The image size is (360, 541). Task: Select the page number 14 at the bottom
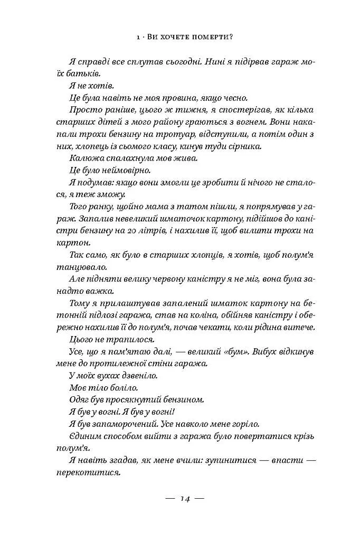pyautogui.click(x=185, y=498)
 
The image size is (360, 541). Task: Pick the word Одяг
pyautogui.click(x=80, y=400)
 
